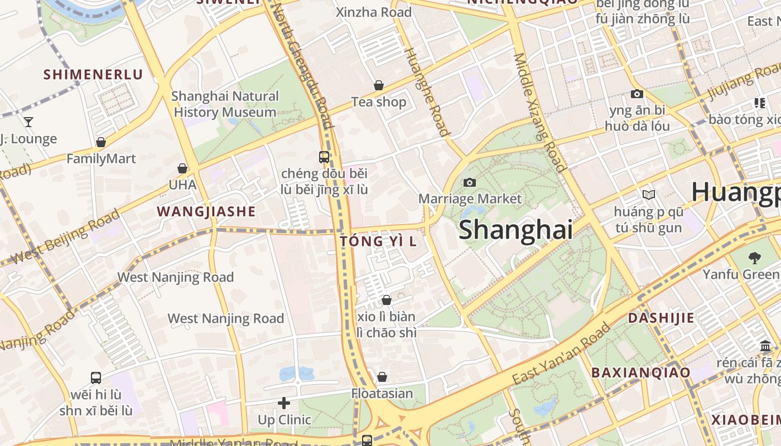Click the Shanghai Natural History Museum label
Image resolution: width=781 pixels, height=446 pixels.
[225, 104]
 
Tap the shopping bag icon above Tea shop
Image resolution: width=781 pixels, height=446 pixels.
[379, 85]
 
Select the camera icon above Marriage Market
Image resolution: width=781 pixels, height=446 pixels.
[470, 182]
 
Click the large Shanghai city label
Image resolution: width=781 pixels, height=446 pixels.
[515, 230]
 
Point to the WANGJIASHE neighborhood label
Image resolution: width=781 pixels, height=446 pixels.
[206, 212]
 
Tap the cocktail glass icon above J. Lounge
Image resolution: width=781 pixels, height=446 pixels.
[28, 122]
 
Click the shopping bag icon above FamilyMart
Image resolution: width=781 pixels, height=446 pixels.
[101, 142]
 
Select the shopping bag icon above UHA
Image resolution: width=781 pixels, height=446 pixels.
[182, 168]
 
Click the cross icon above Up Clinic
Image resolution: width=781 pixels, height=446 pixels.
[284, 403]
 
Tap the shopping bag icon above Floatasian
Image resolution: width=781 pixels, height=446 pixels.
[382, 377]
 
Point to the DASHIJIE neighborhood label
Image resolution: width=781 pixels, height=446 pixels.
[661, 318]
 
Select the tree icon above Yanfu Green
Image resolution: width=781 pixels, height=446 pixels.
[755, 258]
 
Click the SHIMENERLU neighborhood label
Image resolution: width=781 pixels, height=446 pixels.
[93, 75]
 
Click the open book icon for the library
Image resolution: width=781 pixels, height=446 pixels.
[648, 195]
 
